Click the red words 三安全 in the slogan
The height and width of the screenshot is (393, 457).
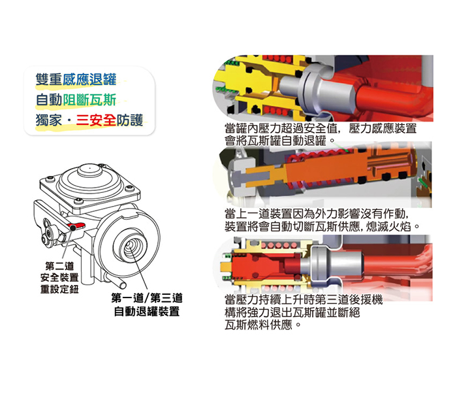(x=96, y=120)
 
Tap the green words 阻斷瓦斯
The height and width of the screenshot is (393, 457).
(x=89, y=99)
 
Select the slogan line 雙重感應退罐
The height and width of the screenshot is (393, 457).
(x=76, y=79)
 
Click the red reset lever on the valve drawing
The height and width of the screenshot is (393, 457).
(x=76, y=226)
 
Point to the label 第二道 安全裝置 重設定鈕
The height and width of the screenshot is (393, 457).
(x=59, y=277)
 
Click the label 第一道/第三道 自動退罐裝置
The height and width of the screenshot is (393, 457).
(x=147, y=305)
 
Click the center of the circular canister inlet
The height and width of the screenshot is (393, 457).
(x=130, y=246)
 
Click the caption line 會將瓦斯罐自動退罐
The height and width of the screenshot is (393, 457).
(x=280, y=141)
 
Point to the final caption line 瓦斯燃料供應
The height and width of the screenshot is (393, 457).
(x=263, y=325)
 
